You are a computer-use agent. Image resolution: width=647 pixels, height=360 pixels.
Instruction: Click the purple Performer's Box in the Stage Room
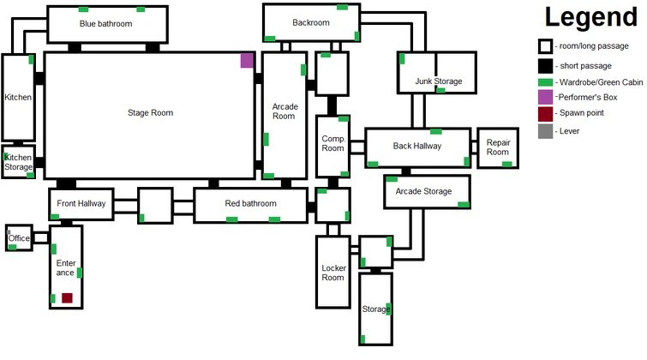[x=247, y=60]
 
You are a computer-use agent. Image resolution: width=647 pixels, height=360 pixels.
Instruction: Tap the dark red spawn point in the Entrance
[x=67, y=298]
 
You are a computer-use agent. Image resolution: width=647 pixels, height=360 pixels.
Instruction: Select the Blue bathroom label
[x=106, y=24]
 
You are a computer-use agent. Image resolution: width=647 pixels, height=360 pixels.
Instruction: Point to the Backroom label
[x=311, y=22]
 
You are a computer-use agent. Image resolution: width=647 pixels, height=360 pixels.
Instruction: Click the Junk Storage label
[x=439, y=81]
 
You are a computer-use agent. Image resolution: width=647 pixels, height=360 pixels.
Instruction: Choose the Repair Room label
[x=498, y=147]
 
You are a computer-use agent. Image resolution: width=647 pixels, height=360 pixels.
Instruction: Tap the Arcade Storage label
[x=424, y=191]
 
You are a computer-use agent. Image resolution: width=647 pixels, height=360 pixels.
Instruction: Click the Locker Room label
[x=333, y=273]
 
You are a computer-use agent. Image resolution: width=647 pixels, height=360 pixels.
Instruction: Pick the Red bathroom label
[x=250, y=203]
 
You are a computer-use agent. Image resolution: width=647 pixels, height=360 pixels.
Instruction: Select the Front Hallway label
[x=81, y=203]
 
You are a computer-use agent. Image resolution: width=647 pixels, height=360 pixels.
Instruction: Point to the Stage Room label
[x=150, y=113]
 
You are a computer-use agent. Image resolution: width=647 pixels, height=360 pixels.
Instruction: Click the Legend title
[x=591, y=17]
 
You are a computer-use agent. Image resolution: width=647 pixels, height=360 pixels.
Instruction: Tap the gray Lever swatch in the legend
[x=545, y=131]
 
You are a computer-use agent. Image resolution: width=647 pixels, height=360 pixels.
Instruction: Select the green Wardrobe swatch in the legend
[x=545, y=82]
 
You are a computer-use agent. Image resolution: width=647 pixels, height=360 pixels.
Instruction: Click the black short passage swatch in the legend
[x=545, y=66]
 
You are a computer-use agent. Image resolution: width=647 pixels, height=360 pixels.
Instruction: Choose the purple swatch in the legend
[x=545, y=98]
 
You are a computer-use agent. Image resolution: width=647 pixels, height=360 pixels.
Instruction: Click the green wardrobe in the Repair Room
[x=506, y=165]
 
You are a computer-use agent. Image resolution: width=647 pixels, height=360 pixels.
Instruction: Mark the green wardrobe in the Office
[x=12, y=248]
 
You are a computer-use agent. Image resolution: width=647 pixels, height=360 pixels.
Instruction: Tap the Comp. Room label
[x=333, y=144]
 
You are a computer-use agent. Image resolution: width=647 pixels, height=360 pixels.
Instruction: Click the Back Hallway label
[x=417, y=147]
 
